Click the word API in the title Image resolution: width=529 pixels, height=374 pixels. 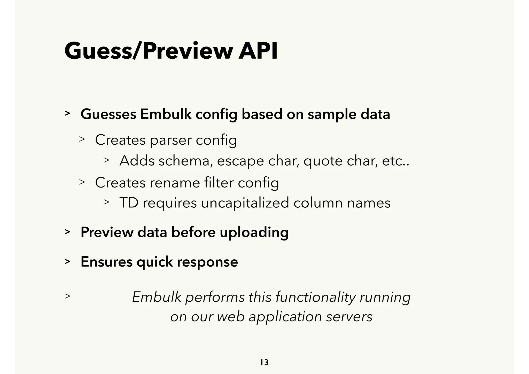(258, 51)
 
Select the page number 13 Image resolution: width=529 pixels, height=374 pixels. (264, 362)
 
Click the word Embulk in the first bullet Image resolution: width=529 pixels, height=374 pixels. (166, 114)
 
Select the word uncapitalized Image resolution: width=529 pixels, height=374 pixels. (245, 203)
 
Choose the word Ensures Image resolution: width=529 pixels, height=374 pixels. (106, 262)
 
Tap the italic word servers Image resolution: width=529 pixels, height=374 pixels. (349, 317)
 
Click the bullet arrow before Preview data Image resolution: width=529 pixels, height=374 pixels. (67, 232)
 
